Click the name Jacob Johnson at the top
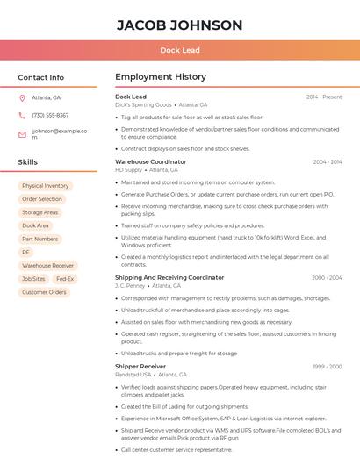click(x=179, y=25)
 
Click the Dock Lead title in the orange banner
click(x=179, y=50)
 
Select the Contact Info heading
click(x=41, y=77)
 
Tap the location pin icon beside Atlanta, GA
click(x=22, y=97)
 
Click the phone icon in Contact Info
click(x=22, y=115)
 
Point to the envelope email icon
click(x=22, y=134)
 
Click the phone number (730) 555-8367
click(x=50, y=115)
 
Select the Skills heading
click(x=28, y=162)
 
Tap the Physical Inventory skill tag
click(x=45, y=186)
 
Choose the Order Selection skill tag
click(x=42, y=199)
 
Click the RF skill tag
click(x=25, y=252)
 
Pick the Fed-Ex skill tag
click(x=65, y=279)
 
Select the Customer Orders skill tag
click(x=44, y=292)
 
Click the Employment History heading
click(x=161, y=77)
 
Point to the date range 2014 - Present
click(x=324, y=97)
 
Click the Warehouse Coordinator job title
click(x=150, y=161)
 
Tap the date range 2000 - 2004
click(x=327, y=277)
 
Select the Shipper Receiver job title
click(x=140, y=366)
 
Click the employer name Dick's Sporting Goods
click(x=143, y=104)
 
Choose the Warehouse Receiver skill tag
click(x=48, y=265)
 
